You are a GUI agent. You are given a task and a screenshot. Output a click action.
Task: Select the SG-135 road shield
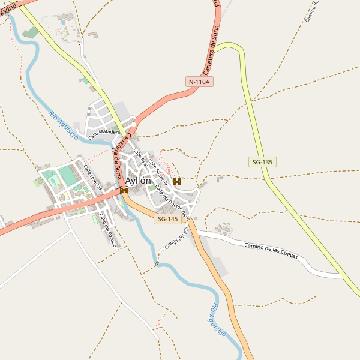point(262,162)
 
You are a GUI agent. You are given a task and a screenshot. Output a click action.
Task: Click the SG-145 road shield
point(167,220)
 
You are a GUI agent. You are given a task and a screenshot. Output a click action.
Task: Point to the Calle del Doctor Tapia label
point(172,202)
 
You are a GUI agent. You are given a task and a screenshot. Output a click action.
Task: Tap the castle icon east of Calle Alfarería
point(176,181)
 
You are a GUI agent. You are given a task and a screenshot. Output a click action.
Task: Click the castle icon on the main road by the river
point(124,190)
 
